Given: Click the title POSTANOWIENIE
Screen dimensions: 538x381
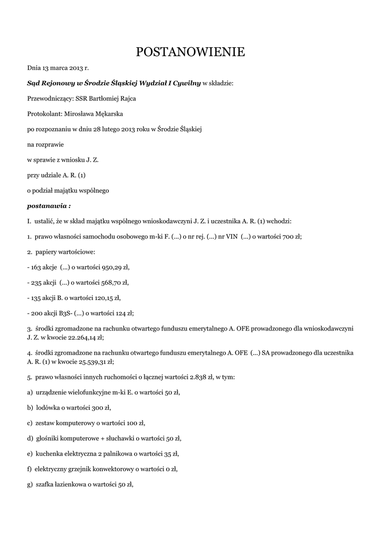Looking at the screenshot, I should [x=190, y=52].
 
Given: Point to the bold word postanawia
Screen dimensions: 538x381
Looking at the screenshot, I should [x=47, y=205].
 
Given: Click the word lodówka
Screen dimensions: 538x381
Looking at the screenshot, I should [x=49, y=407].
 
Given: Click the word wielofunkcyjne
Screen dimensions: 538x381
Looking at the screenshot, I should [x=93, y=392].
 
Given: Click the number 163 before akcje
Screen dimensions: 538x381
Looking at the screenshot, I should [x=36, y=267].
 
